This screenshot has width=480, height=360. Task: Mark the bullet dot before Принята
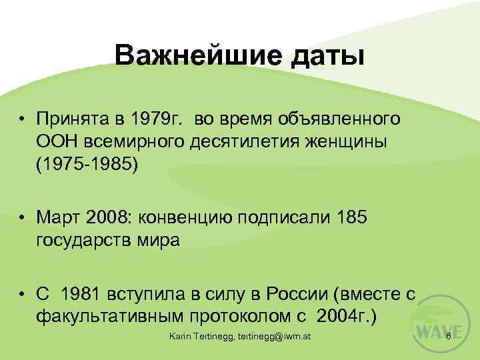click(x=23, y=119)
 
